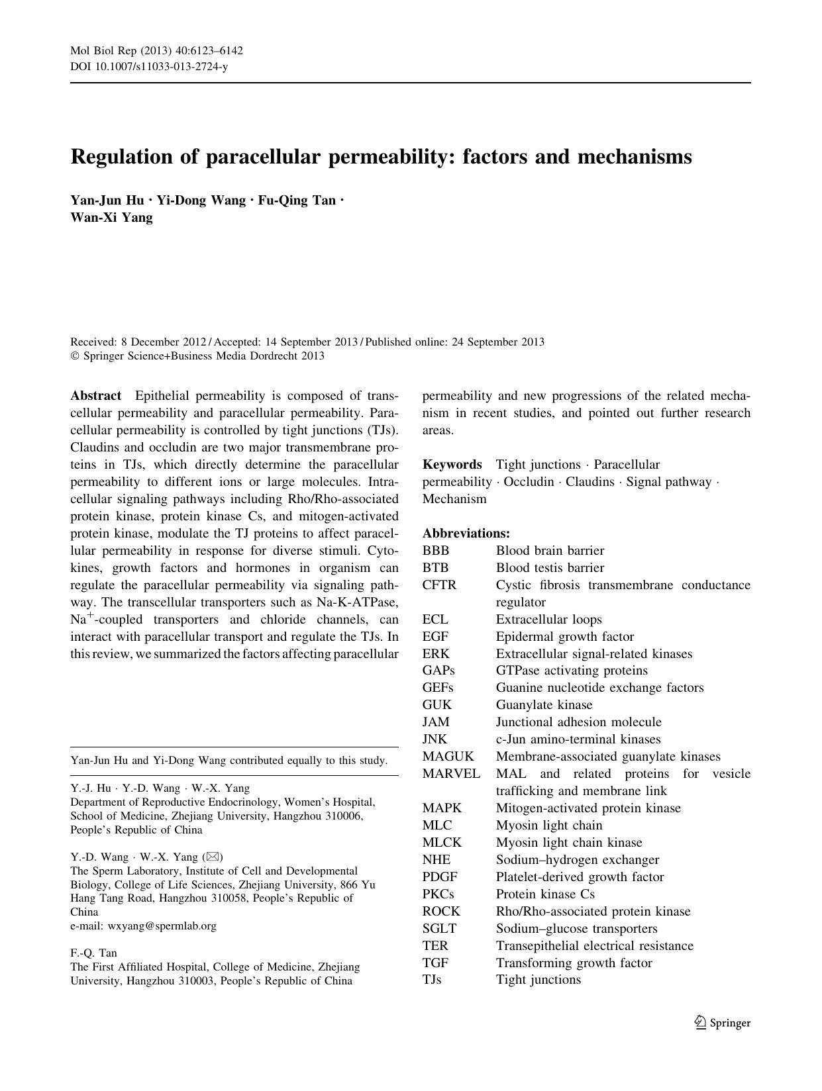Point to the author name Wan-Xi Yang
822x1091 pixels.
(x=111, y=217)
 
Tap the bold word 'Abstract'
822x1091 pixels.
(x=96, y=396)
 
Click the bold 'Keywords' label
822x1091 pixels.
(x=452, y=464)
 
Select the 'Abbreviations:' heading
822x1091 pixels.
(x=466, y=533)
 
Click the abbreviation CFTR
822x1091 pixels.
(x=439, y=585)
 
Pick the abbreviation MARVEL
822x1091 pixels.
(x=451, y=773)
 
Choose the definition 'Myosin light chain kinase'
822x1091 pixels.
(x=569, y=842)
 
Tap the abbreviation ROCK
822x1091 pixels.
(x=441, y=911)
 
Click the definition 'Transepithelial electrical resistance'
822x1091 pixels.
(x=595, y=945)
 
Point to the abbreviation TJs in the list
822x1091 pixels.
(x=432, y=980)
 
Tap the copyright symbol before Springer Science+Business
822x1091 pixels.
(x=75, y=356)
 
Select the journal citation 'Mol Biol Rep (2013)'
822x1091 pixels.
(x=119, y=51)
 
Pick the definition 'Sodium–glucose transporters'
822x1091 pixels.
(x=576, y=928)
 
